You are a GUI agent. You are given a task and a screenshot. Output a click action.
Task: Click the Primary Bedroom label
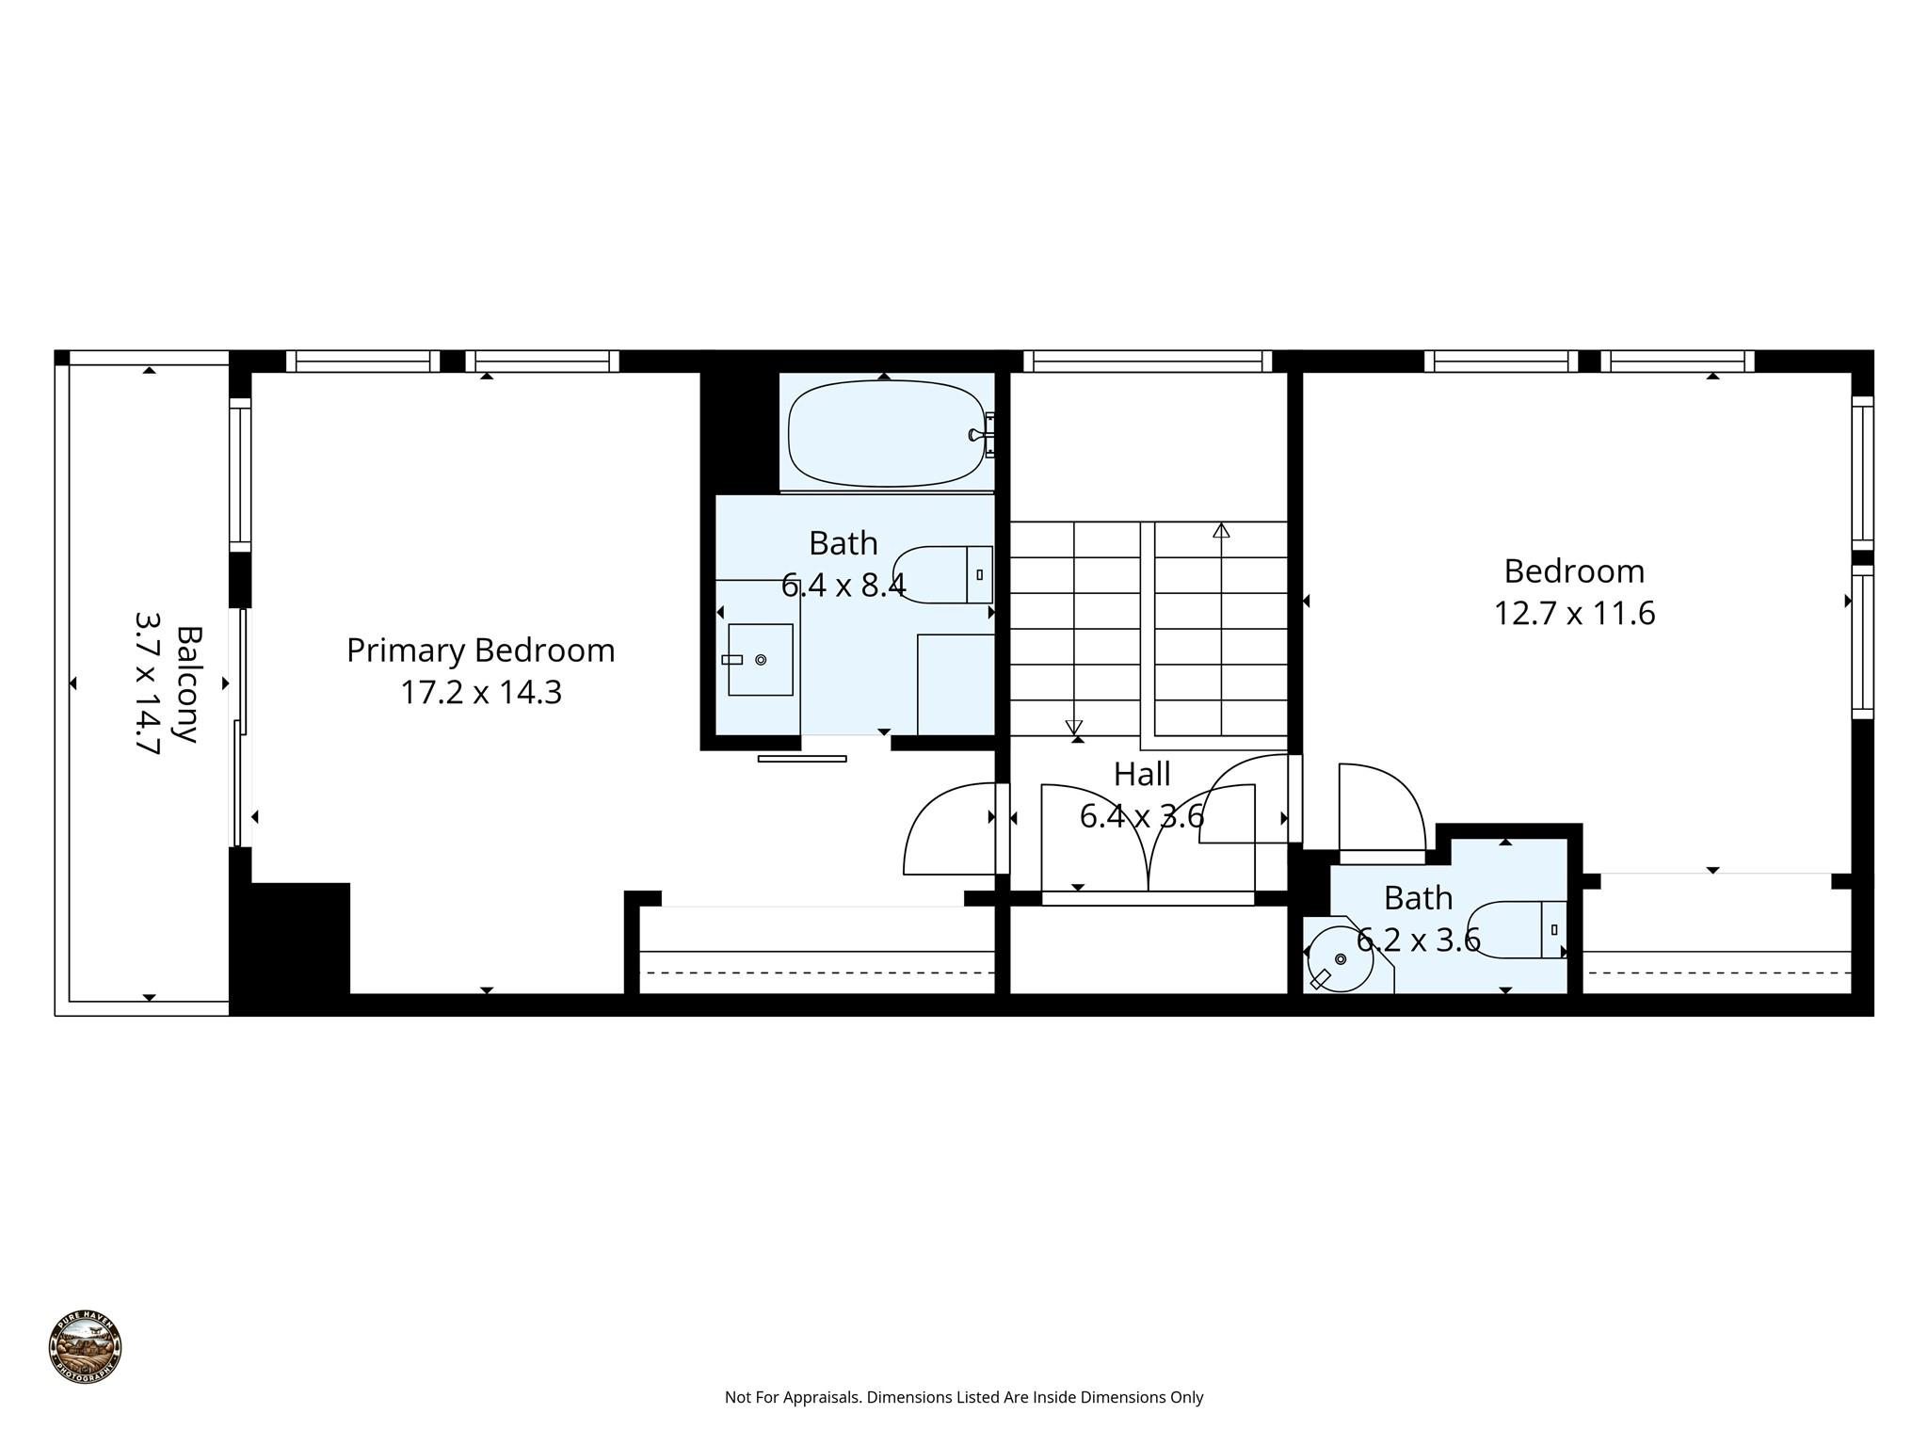(480, 651)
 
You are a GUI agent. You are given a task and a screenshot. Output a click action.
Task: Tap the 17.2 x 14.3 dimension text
(480, 693)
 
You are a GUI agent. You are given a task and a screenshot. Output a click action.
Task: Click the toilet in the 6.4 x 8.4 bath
(944, 574)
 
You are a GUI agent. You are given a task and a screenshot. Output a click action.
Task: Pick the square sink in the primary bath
(760, 659)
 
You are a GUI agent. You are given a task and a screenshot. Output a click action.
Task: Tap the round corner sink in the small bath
(1339, 959)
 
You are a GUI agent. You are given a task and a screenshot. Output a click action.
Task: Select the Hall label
(1142, 774)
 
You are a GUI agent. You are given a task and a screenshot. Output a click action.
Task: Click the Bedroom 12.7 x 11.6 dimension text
(1574, 614)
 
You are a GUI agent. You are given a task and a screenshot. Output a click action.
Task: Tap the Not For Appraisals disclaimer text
(964, 1398)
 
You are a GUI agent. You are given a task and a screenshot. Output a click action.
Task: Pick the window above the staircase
(1148, 361)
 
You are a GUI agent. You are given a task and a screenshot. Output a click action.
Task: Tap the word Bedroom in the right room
(1574, 571)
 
